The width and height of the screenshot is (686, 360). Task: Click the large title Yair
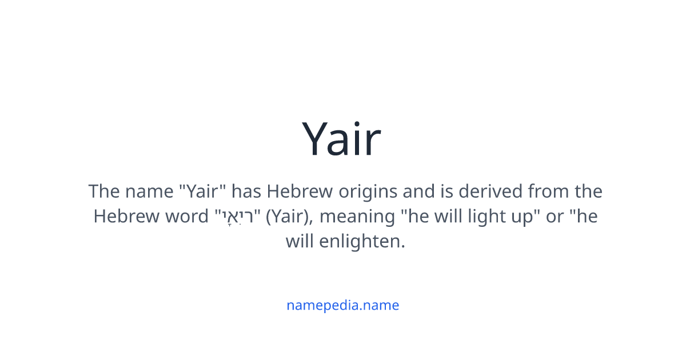342,139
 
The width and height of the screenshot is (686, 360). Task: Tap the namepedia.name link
342,305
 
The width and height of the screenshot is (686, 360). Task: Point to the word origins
368,191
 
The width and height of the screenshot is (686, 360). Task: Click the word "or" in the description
555,217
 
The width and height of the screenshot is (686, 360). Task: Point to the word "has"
247,191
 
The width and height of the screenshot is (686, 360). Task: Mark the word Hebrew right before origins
301,191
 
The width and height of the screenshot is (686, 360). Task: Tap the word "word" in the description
189,217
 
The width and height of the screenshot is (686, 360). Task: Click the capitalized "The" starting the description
103,191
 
